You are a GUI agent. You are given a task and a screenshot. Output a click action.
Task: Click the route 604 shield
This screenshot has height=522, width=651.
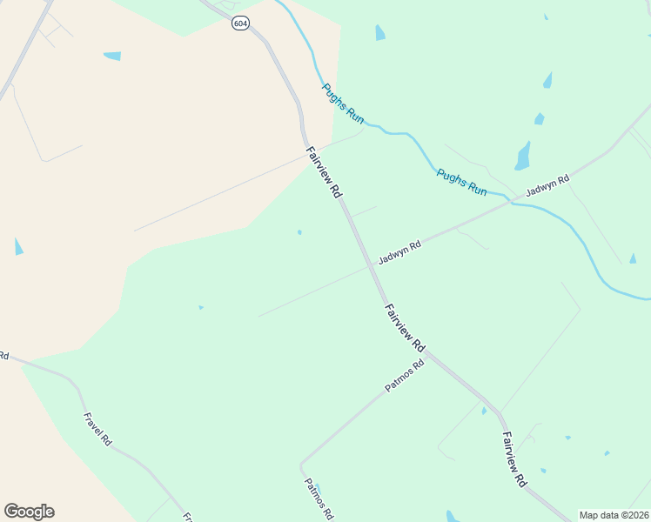pyautogui.click(x=240, y=23)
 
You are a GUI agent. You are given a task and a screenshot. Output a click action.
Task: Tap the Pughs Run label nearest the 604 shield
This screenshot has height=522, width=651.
pyautogui.click(x=343, y=104)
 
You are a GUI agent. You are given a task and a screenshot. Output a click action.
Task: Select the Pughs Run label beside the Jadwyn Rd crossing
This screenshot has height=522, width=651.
pyautogui.click(x=461, y=182)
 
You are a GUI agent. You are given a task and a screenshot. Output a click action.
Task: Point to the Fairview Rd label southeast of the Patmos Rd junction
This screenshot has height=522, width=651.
pyautogui.click(x=513, y=459)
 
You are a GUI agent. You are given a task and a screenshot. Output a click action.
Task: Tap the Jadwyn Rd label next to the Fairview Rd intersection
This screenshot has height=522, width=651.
pyautogui.click(x=399, y=253)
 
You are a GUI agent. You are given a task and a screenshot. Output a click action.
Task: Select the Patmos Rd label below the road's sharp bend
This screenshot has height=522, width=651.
pyautogui.click(x=319, y=499)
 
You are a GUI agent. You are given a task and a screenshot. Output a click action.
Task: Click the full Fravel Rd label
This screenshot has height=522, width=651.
pyautogui.click(x=97, y=429)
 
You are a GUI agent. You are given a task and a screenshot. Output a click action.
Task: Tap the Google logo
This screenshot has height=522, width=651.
pyautogui.click(x=29, y=512)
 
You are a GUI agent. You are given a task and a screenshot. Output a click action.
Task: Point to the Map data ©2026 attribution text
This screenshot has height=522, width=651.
pyautogui.click(x=614, y=515)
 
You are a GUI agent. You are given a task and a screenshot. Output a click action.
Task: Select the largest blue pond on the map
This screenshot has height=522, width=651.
pyautogui.click(x=522, y=156)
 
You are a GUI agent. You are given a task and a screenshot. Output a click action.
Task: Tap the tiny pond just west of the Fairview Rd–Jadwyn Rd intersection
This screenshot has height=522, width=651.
pyautogui.click(x=299, y=232)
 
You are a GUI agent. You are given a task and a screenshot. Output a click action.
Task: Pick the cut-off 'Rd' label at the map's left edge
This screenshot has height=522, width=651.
pyautogui.click(x=3, y=355)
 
